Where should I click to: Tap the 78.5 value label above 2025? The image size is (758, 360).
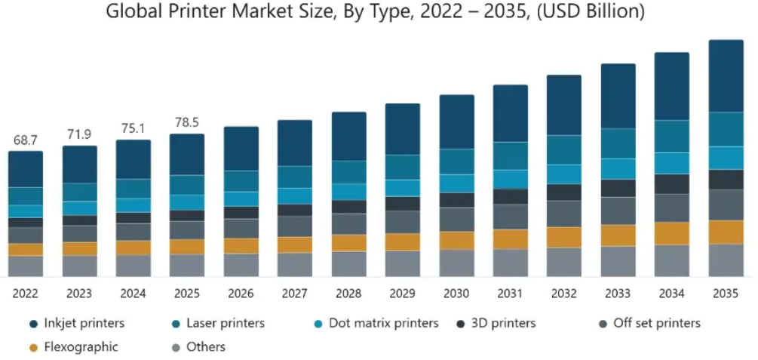[186, 123]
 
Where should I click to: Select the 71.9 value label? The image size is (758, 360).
[79, 135]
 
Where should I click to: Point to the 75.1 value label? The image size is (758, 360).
[133, 128]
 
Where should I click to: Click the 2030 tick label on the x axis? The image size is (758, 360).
[456, 293]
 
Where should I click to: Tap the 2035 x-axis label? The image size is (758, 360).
[725, 293]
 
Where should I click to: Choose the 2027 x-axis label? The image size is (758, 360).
[295, 293]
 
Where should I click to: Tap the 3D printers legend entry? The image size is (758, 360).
[502, 323]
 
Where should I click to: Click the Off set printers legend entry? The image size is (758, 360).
[655, 323]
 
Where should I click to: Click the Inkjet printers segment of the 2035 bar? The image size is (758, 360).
[726, 75]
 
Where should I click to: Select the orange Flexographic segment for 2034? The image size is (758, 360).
[671, 233]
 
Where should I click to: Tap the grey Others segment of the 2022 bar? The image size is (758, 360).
[26, 266]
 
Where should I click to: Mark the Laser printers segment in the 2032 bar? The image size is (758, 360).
[564, 149]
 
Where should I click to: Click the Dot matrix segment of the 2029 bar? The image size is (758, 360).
[403, 188]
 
